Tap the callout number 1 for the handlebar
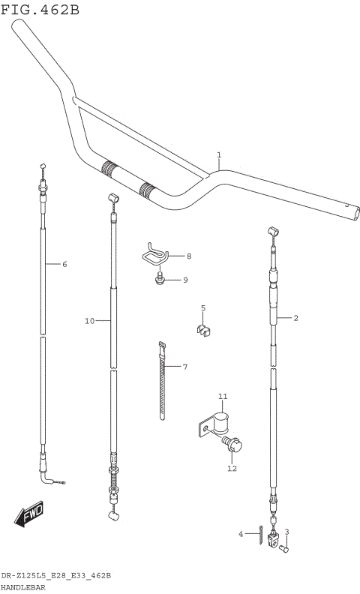point(219,155)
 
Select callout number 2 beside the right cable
point(295,318)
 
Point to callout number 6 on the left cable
point(64,264)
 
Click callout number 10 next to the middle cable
point(89,321)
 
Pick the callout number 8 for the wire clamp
point(189,256)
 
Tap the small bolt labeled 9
point(160,280)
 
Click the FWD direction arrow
point(29,517)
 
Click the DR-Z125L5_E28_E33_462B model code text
point(56,575)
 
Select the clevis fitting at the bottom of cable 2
point(275,537)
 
